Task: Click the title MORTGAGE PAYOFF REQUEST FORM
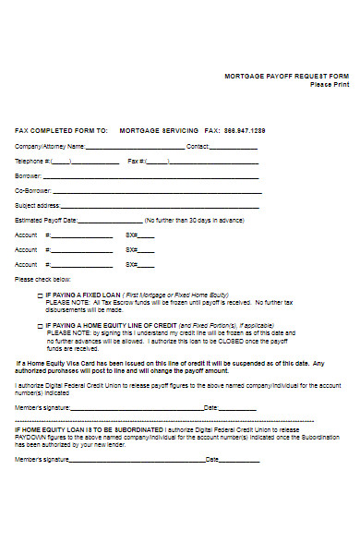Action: pyautogui.click(x=287, y=76)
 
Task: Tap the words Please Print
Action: pyautogui.click(x=330, y=84)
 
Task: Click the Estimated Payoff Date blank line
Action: pyautogui.click(x=110, y=222)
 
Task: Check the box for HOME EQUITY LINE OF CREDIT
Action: pyautogui.click(x=39, y=326)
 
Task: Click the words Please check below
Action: pyautogui.click(x=42, y=279)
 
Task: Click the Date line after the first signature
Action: pyautogui.click(x=238, y=407)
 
